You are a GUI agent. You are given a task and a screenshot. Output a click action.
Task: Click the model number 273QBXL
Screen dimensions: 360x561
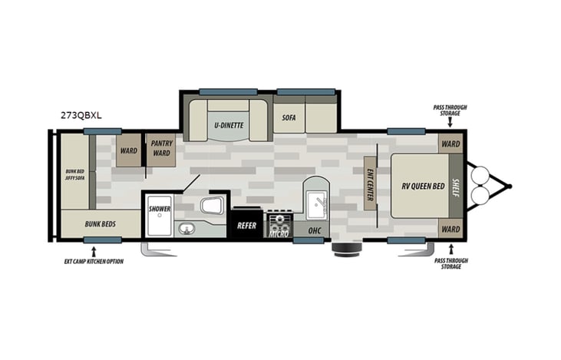81,115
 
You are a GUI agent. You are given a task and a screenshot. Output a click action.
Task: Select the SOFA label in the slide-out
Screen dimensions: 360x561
289,117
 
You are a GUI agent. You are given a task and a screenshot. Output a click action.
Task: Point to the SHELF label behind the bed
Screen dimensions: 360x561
455,185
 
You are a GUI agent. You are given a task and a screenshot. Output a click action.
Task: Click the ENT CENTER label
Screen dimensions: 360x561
369,183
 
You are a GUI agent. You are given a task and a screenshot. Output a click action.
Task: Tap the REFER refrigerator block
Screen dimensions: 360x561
246,226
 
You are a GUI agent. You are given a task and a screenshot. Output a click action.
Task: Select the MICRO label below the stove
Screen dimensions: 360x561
278,233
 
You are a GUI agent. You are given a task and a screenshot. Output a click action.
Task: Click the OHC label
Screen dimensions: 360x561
314,230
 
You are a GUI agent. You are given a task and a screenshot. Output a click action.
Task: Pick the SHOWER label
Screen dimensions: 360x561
159,209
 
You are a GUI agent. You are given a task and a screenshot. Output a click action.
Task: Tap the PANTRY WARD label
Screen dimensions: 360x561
162,147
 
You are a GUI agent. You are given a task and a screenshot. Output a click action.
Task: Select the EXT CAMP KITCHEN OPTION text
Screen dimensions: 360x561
93,261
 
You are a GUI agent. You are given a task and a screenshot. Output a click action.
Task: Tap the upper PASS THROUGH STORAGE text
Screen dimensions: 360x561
450,111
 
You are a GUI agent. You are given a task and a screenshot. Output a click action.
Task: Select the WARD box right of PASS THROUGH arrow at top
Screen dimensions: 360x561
450,144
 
